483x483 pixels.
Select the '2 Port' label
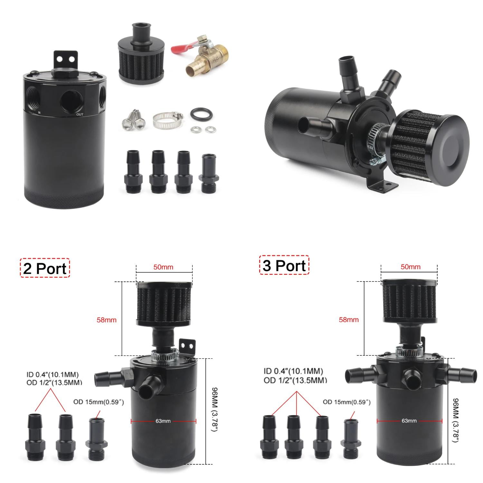45,268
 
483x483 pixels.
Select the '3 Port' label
284,265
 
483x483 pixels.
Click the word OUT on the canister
80,114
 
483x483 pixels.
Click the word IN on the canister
39,112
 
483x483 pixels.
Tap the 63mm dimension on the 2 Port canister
163,421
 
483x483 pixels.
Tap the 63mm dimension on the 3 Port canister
409,421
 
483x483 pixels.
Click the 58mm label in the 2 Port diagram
107,320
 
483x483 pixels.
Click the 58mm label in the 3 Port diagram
349,320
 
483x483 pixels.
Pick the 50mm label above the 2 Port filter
163,267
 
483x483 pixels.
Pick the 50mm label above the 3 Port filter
411,267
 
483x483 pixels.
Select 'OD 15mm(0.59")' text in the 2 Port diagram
99,402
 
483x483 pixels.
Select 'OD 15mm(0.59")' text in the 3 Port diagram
346,402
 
